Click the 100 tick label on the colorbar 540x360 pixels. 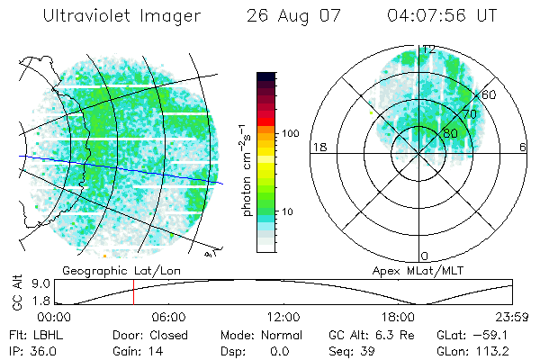click(x=291, y=133)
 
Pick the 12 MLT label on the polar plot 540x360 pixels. click(x=428, y=49)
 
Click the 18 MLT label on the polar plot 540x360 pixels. click(x=318, y=147)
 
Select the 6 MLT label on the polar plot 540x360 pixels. click(x=523, y=147)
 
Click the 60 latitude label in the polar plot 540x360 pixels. click(x=489, y=94)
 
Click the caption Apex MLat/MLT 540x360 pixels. click(x=410, y=270)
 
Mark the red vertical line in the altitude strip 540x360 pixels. click(x=133, y=292)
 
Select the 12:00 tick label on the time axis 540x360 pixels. click(x=283, y=317)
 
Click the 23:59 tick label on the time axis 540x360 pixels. click(x=508, y=317)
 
